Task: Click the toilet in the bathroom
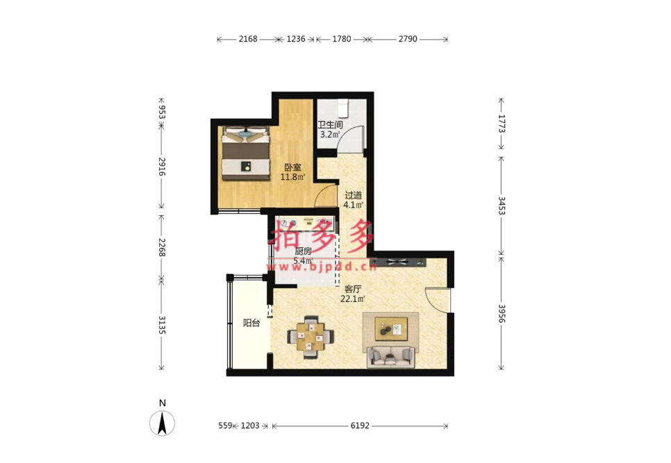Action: tap(342, 108)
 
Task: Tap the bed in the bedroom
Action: tap(246, 153)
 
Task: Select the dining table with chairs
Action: tap(310, 337)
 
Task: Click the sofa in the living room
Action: tap(390, 357)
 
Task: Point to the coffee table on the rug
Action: tap(391, 329)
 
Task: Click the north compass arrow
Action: tap(162, 423)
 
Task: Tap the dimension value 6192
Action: tap(360, 426)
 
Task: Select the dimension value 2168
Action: tap(248, 39)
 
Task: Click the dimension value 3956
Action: tap(502, 314)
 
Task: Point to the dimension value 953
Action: tap(162, 109)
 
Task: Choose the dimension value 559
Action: tap(225, 426)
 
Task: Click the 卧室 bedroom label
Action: tap(292, 167)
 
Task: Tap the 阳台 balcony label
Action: tap(251, 323)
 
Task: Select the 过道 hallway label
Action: tap(354, 195)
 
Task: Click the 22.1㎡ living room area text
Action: tap(353, 299)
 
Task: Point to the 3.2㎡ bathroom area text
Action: tap(330, 134)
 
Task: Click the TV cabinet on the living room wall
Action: tap(399, 262)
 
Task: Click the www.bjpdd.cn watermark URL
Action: tap(322, 267)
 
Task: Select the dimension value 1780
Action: tap(342, 39)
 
